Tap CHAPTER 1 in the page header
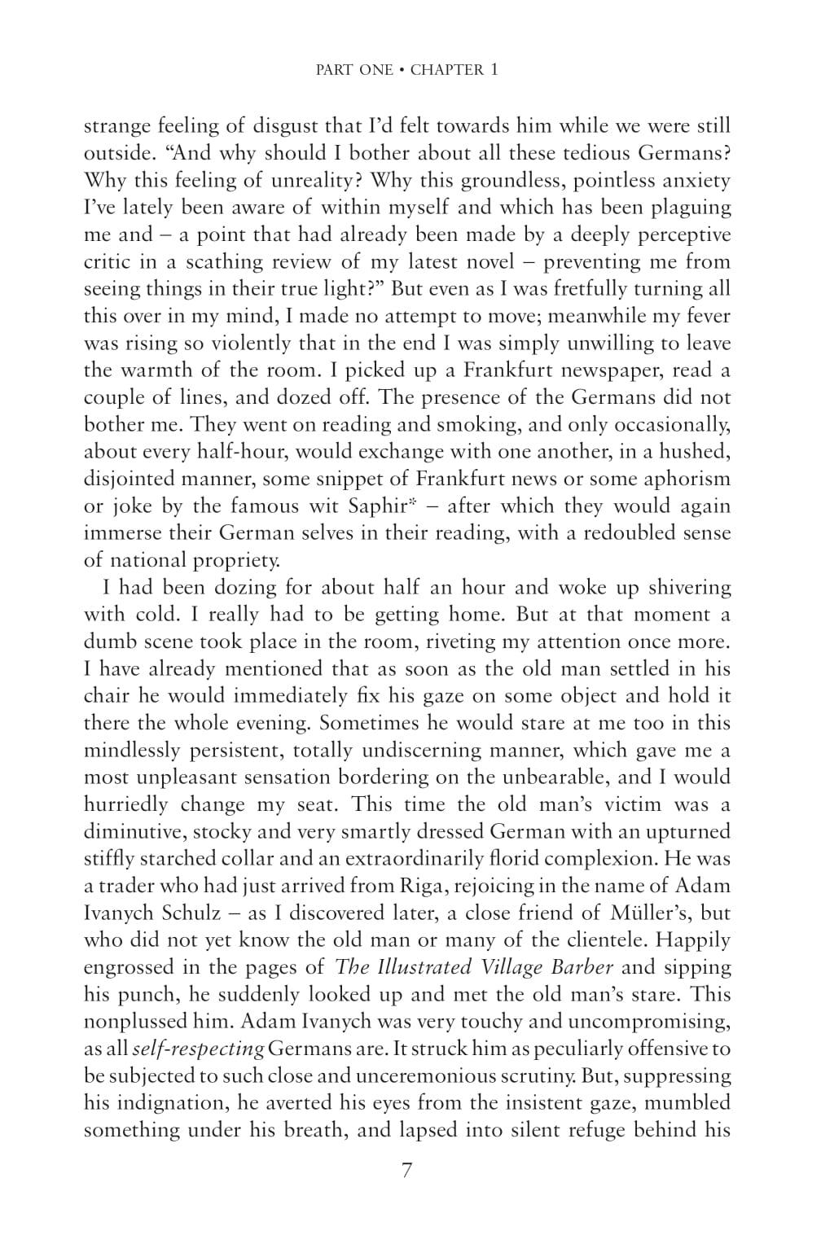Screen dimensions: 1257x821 click(454, 70)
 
